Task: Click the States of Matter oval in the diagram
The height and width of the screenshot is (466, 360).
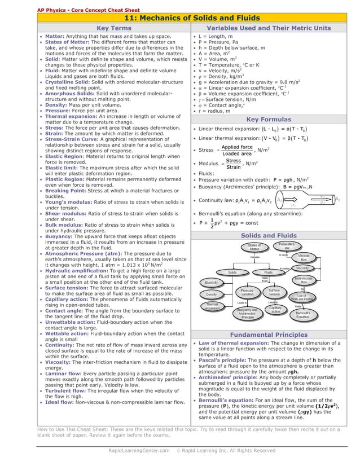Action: click(x=254, y=247)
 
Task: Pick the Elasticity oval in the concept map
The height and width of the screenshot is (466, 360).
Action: click(x=212, y=282)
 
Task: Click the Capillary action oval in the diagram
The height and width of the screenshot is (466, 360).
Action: click(x=275, y=310)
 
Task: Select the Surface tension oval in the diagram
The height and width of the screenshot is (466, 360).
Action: click(x=274, y=292)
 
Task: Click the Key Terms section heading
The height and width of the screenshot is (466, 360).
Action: click(x=113, y=28)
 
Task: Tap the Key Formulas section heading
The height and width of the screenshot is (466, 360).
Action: click(x=269, y=120)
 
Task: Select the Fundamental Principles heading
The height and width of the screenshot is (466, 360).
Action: click(x=269, y=335)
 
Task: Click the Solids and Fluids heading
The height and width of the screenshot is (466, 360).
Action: click(x=269, y=235)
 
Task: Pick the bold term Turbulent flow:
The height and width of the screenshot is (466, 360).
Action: click(x=65, y=390)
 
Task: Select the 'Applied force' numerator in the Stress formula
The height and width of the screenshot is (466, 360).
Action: click(x=238, y=147)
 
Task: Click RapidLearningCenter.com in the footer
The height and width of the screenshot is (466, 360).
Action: click(x=139, y=451)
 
